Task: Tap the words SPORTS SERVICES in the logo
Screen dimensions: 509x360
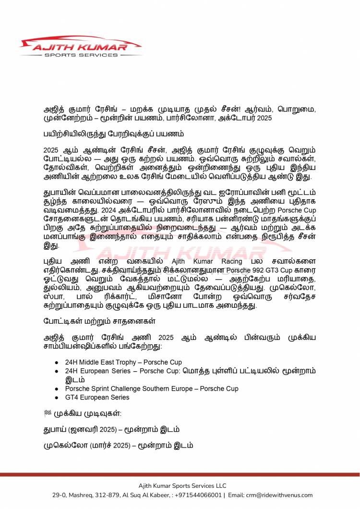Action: (x=80, y=55)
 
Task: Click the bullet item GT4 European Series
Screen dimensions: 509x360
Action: (x=97, y=397)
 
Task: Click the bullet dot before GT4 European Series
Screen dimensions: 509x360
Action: (x=57, y=398)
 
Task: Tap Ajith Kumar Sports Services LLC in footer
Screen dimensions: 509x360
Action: (x=182, y=485)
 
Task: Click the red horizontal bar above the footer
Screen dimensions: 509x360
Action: (x=180, y=474)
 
